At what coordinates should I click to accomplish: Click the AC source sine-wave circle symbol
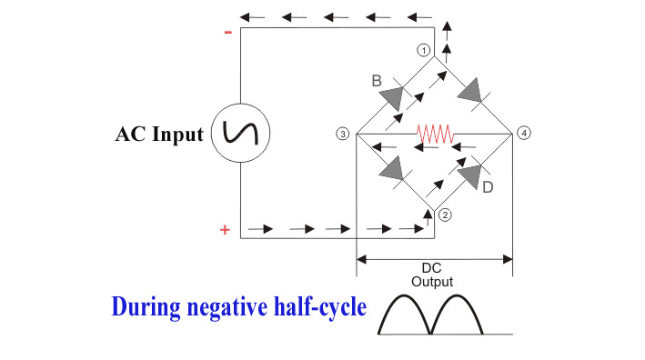pos(240,135)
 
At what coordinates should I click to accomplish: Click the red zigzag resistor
pos(435,134)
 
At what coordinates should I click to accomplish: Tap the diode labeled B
pos(392,95)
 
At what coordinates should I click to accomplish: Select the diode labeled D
pos(471,173)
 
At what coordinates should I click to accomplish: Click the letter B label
pos(376,81)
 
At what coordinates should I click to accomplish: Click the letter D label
pos(488,187)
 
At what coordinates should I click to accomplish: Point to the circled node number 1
pos(423,50)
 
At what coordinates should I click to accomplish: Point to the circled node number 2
pos(444,215)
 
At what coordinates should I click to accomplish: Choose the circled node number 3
pos(342,135)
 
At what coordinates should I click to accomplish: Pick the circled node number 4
pos(523,134)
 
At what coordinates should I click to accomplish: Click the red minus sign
pos(227,33)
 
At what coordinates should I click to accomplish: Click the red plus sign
pos(225,230)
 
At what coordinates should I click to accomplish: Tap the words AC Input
pos(159,135)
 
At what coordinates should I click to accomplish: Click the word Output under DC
pos(432,282)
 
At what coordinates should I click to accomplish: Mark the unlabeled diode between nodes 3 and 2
pos(394,169)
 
